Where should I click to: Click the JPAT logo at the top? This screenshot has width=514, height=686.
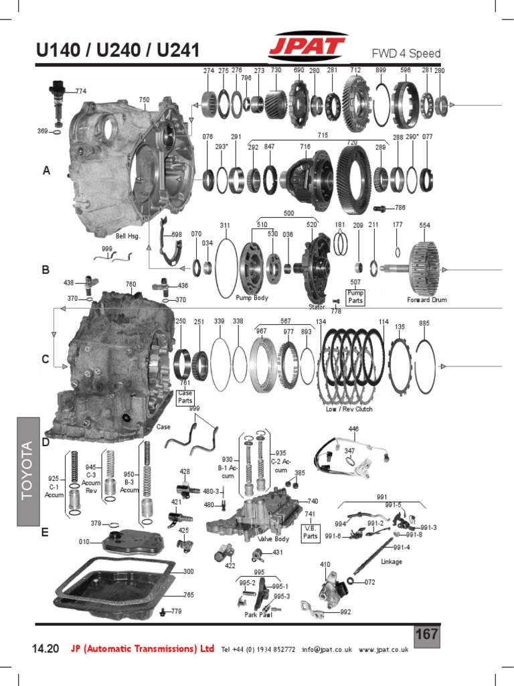307,48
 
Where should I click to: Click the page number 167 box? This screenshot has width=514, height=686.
426,634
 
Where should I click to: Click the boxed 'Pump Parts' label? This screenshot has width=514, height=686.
355,296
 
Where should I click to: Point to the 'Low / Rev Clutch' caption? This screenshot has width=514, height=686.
349,409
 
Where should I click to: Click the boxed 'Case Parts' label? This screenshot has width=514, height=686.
185,397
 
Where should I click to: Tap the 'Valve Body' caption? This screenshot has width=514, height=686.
273,539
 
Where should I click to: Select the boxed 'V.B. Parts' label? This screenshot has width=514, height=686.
310,531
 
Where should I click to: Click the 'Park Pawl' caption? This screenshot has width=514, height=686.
257,614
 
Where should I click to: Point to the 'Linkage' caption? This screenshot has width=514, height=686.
391,561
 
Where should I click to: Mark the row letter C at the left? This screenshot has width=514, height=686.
46,359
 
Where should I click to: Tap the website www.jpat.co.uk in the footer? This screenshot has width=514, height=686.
383,649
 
